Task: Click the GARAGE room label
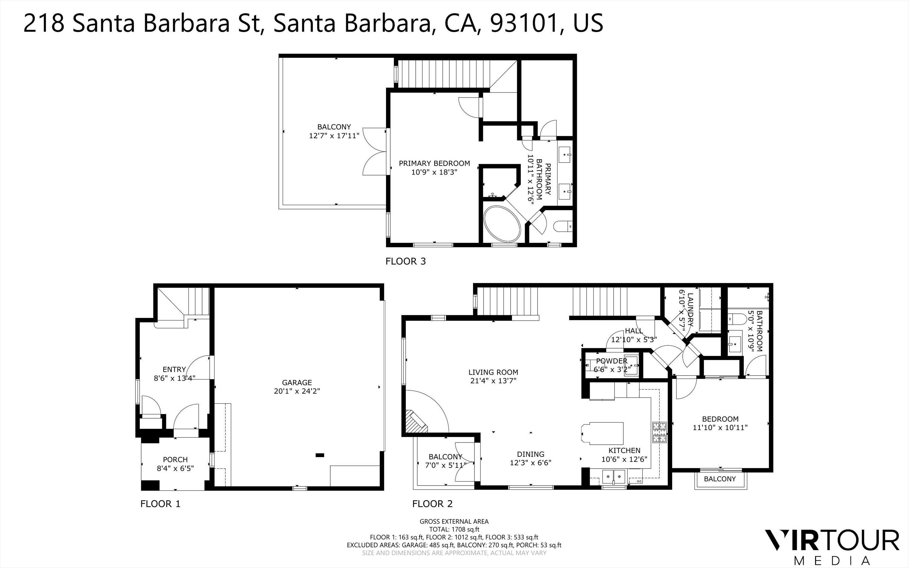click(297, 383)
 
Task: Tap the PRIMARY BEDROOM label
click(434, 163)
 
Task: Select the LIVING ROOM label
click(493, 372)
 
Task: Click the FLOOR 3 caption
click(405, 261)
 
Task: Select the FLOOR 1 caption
click(160, 504)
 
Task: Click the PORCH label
click(175, 459)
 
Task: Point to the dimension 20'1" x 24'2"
click(297, 391)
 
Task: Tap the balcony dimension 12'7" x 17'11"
click(334, 135)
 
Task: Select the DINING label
click(531, 454)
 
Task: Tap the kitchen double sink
click(614, 476)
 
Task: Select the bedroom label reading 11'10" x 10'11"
click(720, 427)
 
